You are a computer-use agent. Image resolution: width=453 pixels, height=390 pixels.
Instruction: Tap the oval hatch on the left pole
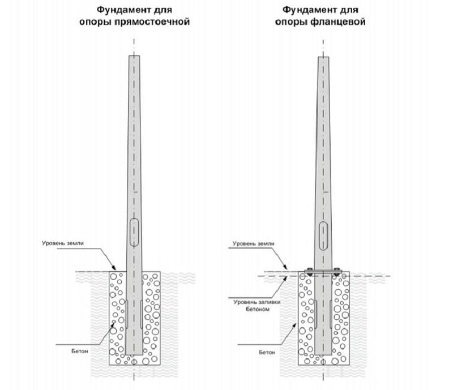[134, 231]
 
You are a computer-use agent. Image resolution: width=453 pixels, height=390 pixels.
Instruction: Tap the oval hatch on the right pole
[323, 235]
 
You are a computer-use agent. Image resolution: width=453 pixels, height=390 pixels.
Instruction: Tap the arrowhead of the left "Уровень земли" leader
[115, 270]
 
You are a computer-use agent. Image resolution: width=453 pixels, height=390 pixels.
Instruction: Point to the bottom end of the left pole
[135, 354]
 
